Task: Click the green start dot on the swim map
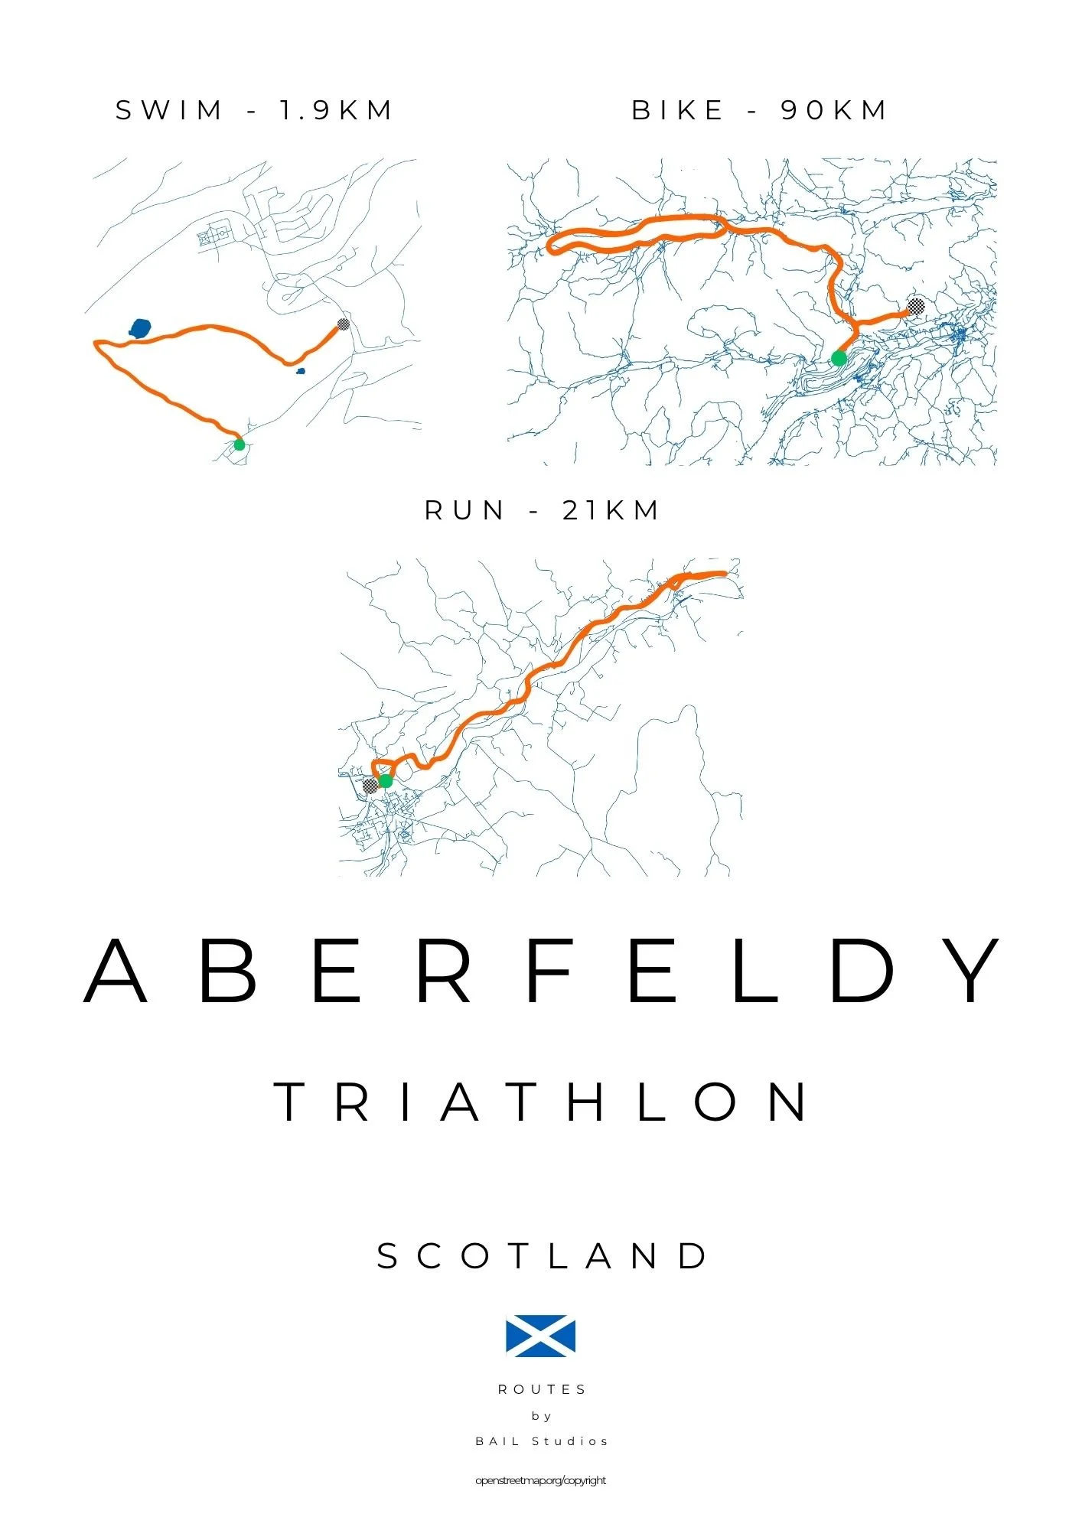pos(239,444)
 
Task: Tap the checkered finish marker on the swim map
pos(343,324)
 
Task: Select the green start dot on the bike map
pos(839,358)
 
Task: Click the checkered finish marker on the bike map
pos(915,307)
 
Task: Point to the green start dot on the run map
pos(385,781)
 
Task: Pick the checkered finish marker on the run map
pos(370,786)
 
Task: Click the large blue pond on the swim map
pos(139,329)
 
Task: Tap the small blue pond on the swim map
pos(301,372)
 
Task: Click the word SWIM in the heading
pos(169,111)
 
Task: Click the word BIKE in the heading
pos(678,111)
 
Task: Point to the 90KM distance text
pos(833,111)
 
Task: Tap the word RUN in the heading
pos(465,511)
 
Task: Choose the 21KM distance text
pos(611,511)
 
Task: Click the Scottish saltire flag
pos(540,1336)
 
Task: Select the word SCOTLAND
pos(543,1256)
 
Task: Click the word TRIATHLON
pos(542,1102)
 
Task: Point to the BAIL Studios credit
pos(542,1441)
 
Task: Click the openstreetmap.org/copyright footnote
pos(540,1480)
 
